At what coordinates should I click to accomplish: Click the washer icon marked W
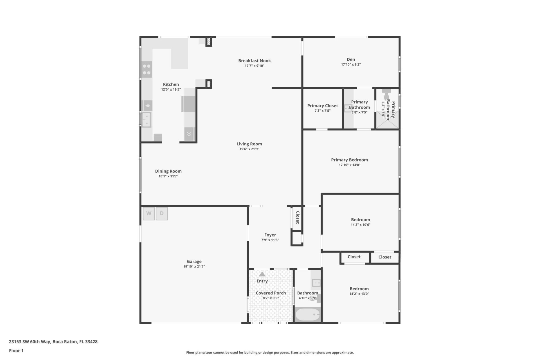tap(148, 213)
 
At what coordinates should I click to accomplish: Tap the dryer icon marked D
tap(162, 213)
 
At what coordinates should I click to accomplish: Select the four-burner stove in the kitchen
tap(147, 69)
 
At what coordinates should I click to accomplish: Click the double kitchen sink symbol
tap(146, 120)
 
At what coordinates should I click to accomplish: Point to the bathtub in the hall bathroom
tap(307, 314)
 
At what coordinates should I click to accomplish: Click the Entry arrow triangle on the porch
tap(262, 274)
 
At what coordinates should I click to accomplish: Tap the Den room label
tap(351, 59)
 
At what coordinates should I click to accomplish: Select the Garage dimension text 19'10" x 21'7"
tap(194, 266)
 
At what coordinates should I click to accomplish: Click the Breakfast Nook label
tap(254, 60)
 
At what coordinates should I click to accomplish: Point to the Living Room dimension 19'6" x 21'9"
tap(249, 149)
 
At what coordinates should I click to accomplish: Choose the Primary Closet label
tap(322, 106)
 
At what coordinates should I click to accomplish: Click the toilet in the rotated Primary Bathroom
tap(387, 95)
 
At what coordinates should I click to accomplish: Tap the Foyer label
tap(270, 235)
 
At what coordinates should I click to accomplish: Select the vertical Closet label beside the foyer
tap(298, 217)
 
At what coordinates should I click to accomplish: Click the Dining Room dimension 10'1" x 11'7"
tap(168, 176)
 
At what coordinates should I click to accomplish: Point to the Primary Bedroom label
tap(349, 160)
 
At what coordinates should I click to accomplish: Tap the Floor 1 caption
tap(16, 351)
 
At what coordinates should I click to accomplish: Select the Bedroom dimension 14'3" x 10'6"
tap(360, 225)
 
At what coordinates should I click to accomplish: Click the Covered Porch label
tap(271, 293)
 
